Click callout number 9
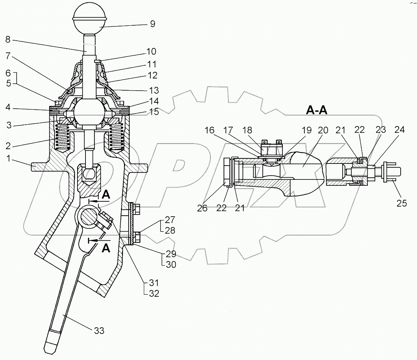click(x=153, y=24)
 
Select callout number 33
click(x=99, y=331)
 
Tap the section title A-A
click(x=317, y=110)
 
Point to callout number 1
click(x=8, y=159)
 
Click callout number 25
click(x=401, y=203)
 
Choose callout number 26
click(x=202, y=208)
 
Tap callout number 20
click(x=323, y=130)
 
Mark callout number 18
click(x=247, y=130)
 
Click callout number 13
click(x=154, y=90)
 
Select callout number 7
click(x=8, y=56)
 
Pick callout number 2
click(x=8, y=146)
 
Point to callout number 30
click(x=171, y=265)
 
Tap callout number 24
click(x=399, y=130)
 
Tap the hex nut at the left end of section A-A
click(x=228, y=172)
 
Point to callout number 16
click(x=210, y=130)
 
